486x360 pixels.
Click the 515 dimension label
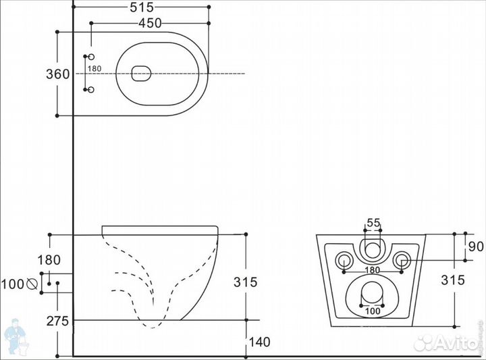[142, 7]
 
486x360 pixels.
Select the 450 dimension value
[150, 23]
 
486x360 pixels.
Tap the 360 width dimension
[57, 74]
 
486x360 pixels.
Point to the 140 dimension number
[260, 342]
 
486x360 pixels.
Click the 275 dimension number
[57, 322]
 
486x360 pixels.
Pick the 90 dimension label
[476, 247]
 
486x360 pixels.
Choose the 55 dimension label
[373, 223]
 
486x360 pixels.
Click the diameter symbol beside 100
[32, 284]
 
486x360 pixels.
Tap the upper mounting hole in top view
[91, 57]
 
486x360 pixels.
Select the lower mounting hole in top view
[91, 90]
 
